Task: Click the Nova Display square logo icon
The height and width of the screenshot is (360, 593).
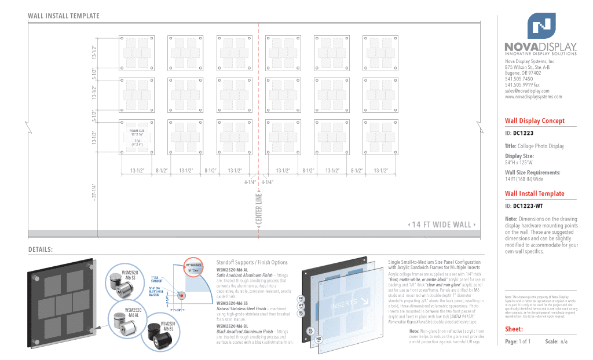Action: click(x=541, y=26)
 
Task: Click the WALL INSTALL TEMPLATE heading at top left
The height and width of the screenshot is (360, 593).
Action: click(x=64, y=16)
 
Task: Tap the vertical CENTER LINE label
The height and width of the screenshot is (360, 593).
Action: click(x=259, y=210)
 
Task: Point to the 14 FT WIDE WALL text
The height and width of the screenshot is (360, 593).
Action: click(x=442, y=225)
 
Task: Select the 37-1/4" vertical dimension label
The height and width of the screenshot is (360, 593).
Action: click(x=94, y=192)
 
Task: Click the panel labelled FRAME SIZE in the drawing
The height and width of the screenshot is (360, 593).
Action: click(x=137, y=137)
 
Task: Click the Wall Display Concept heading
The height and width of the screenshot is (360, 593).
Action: click(x=535, y=121)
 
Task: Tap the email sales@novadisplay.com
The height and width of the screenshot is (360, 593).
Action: click(x=527, y=91)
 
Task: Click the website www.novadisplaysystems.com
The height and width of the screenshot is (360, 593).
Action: click(x=533, y=97)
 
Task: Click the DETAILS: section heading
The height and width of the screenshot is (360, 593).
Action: click(x=41, y=249)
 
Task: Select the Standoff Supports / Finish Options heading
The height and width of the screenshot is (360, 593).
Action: click(x=252, y=263)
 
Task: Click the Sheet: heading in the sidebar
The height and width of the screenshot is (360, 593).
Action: click(x=514, y=329)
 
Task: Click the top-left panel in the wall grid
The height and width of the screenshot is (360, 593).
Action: click(x=137, y=54)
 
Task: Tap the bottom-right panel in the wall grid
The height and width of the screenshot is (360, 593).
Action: click(x=380, y=137)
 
